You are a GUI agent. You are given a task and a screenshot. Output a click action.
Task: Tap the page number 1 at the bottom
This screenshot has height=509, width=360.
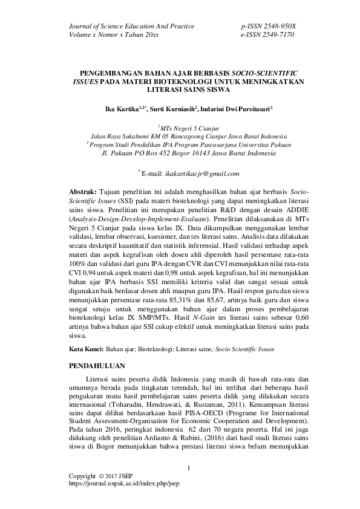point(189,468)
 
